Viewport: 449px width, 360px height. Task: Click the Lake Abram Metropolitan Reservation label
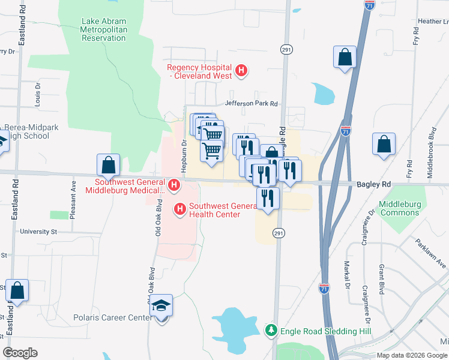tap(104, 30)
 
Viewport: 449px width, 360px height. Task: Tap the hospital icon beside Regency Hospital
tap(241, 71)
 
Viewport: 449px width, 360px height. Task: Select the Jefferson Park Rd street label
tap(252, 104)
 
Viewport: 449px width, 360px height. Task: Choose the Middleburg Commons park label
tap(399, 208)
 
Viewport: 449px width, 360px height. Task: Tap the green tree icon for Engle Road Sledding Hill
tap(271, 331)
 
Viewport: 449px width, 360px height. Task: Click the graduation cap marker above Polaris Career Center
tap(161, 306)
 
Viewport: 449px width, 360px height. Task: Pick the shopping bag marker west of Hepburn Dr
tap(108, 164)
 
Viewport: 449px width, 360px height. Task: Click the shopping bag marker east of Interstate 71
tap(384, 144)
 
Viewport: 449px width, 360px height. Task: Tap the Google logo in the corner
tap(20, 353)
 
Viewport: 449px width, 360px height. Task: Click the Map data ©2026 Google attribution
tap(411, 355)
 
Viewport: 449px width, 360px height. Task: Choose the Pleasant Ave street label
tap(73, 198)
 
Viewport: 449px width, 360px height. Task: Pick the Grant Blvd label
tap(381, 279)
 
